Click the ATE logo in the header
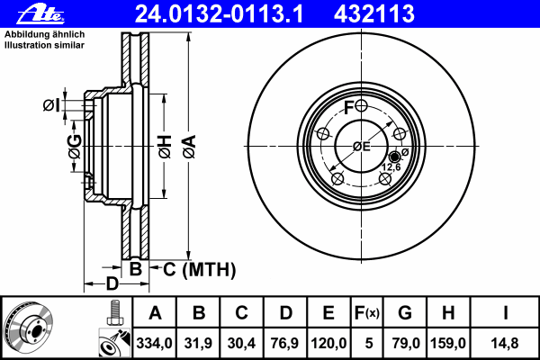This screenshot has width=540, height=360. (40, 14)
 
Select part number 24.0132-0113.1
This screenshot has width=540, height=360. (219, 13)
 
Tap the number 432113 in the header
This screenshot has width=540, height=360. (374, 13)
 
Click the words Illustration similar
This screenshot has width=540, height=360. (44, 45)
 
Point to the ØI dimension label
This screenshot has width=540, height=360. (51, 105)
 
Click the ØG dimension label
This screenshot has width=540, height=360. (75, 147)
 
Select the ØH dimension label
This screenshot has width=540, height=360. (165, 147)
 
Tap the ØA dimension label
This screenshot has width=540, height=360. (189, 147)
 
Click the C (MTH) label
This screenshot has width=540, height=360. (200, 269)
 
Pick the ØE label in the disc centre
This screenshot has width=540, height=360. (362, 147)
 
